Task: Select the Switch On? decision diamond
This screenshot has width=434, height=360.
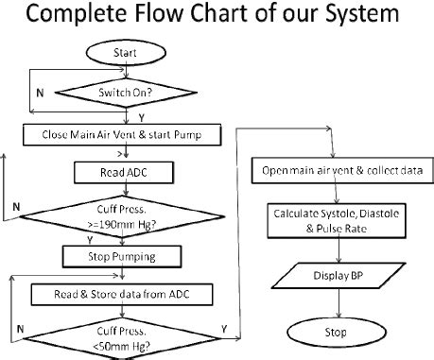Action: (x=124, y=93)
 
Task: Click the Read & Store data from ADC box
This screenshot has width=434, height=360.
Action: (x=124, y=294)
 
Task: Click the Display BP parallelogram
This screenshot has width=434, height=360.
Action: (x=338, y=276)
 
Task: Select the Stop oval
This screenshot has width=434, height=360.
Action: (x=338, y=333)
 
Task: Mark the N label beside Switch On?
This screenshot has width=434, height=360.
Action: (x=39, y=93)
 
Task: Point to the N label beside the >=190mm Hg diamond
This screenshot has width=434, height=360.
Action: (x=16, y=204)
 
